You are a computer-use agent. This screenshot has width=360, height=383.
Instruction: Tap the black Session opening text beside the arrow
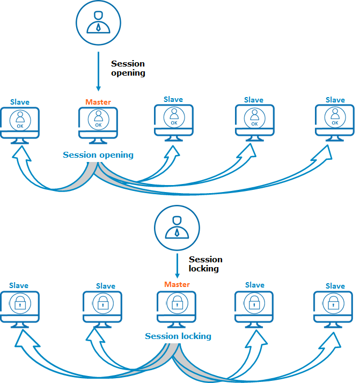pyautogui.click(x=128, y=68)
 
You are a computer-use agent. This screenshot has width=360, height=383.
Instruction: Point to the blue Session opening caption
pyautogui.click(x=98, y=155)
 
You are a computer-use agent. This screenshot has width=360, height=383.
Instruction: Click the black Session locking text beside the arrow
pyautogui.click(x=205, y=264)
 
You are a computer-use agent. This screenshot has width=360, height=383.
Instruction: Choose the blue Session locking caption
pyautogui.click(x=178, y=336)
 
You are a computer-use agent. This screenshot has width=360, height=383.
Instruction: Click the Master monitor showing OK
pyautogui.click(x=98, y=123)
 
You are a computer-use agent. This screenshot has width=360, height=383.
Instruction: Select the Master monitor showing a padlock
pyautogui.click(x=177, y=306)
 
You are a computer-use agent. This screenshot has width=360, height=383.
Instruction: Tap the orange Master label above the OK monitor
pyautogui.click(x=98, y=102)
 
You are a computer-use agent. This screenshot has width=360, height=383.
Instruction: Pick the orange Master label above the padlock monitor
pyautogui.click(x=177, y=284)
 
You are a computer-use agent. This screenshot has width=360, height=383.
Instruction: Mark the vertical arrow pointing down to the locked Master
pyautogui.click(x=177, y=266)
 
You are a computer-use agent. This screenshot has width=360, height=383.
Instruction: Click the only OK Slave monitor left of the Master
pyautogui.click(x=20, y=123)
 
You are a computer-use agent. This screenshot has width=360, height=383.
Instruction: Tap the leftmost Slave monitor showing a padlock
pyautogui.click(x=20, y=306)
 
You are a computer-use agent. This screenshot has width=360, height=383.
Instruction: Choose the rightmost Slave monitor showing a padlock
pyautogui.click(x=334, y=306)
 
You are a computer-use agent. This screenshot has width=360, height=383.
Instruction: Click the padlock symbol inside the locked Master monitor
pyautogui.click(x=177, y=303)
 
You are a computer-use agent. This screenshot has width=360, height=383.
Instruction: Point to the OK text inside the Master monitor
pyautogui.click(x=98, y=125)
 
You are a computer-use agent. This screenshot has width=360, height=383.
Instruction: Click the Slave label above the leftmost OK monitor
pyautogui.click(x=20, y=102)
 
